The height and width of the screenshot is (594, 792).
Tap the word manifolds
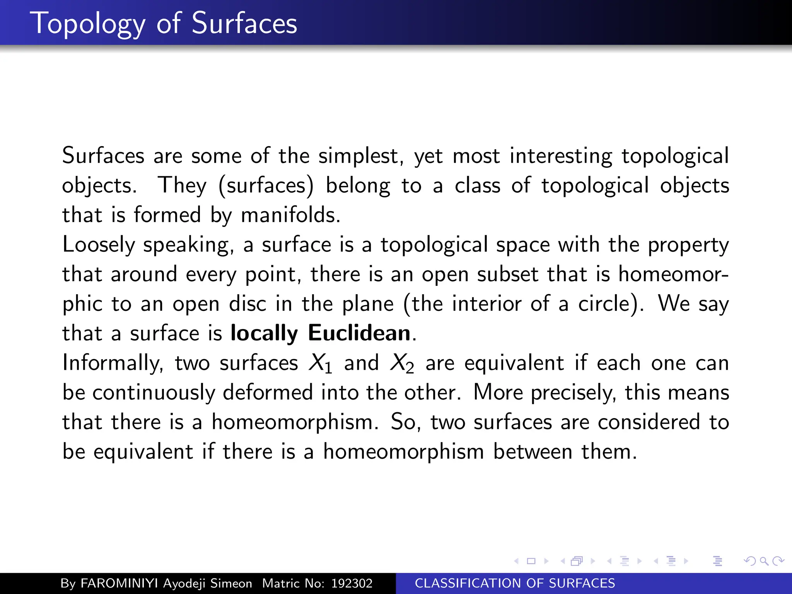click(290, 215)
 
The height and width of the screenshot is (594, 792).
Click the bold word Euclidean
click(359, 333)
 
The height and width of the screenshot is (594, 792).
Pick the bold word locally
click(264, 333)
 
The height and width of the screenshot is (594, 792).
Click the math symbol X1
click(320, 364)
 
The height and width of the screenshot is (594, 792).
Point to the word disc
click(247, 304)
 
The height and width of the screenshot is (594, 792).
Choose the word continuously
click(154, 393)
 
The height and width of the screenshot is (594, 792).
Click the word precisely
click(573, 393)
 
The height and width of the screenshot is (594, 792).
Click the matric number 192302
click(352, 583)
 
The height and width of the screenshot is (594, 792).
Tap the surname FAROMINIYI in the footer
click(119, 583)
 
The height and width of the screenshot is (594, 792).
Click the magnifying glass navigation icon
click(764, 561)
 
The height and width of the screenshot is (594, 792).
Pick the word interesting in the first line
click(561, 156)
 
